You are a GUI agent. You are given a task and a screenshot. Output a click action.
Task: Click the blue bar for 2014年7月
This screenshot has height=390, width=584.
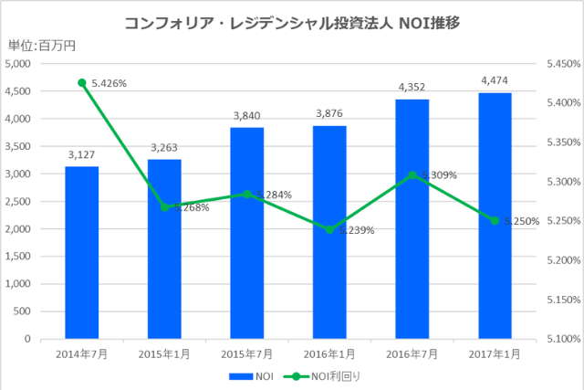point(82,252)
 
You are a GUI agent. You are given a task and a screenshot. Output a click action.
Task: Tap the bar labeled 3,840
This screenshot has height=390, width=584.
point(246,233)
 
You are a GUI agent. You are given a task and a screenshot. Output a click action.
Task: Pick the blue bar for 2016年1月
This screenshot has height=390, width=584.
point(329,232)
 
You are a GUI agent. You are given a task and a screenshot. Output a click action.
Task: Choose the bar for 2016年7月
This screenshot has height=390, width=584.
point(412,219)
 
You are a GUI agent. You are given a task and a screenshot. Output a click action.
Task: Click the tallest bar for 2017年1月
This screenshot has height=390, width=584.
point(495,216)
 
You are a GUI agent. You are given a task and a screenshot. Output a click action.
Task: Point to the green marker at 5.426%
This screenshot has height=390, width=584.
point(82,82)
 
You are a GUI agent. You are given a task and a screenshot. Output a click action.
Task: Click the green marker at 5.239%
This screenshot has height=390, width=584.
point(329,229)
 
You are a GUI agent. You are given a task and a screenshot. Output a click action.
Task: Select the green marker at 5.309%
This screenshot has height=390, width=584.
point(412,174)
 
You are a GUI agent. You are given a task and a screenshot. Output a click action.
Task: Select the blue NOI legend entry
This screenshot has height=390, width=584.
point(252,375)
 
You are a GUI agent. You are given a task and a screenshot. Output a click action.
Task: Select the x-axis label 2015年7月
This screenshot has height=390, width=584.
point(246,353)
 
